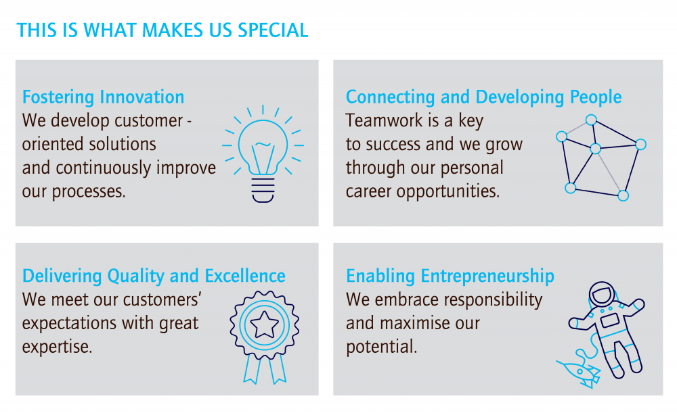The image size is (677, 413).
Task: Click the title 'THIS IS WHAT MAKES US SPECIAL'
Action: pyautogui.click(x=162, y=30)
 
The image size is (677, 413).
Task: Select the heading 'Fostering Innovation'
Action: pyautogui.click(x=103, y=97)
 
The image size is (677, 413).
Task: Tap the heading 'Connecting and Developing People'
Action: pyautogui.click(x=483, y=97)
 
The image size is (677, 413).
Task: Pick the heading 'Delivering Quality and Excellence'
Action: pyautogui.click(x=154, y=276)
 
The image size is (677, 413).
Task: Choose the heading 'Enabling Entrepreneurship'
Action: pyautogui.click(x=450, y=276)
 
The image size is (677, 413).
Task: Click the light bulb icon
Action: pyautogui.click(x=263, y=153)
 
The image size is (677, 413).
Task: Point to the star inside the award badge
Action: pyautogui.click(x=264, y=324)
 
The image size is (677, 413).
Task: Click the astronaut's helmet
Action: pyautogui.click(x=603, y=295)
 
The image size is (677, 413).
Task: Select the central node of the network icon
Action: pyautogui.click(x=595, y=149)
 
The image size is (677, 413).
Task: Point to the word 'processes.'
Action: pyautogui.click(x=89, y=192)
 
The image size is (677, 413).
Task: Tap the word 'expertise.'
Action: pyautogui.click(x=57, y=347)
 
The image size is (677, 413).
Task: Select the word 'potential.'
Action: pyautogui.click(x=381, y=347)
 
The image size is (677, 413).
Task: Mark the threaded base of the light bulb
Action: pyautogui.click(x=263, y=190)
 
